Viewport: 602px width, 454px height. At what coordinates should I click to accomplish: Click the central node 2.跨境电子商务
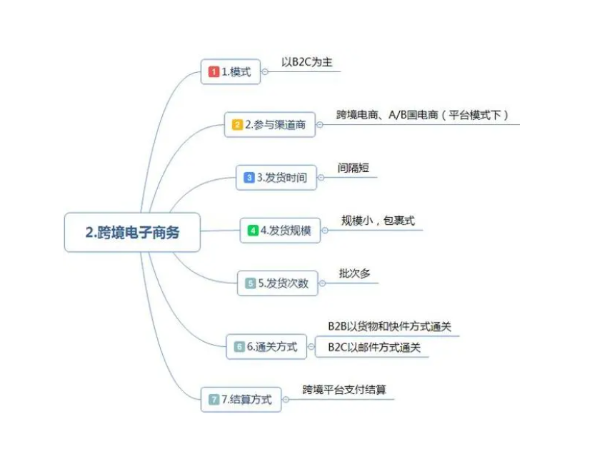[132, 232]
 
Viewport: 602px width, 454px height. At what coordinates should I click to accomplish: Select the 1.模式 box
[231, 72]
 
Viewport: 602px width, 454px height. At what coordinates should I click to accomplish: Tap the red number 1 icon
[214, 72]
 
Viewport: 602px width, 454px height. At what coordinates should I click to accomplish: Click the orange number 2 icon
[237, 125]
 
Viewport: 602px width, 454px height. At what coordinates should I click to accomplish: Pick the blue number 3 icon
[249, 178]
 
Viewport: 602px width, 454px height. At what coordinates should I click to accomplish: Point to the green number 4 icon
[253, 231]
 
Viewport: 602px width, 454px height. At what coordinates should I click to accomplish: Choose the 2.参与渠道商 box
[270, 125]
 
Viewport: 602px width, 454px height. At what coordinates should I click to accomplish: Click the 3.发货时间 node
[276, 178]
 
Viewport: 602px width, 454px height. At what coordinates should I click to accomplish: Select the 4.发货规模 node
[280, 231]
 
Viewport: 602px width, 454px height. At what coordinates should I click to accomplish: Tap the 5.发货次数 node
[278, 283]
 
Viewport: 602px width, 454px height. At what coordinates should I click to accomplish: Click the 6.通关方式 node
[266, 347]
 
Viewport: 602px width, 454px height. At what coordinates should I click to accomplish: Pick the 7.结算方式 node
[241, 400]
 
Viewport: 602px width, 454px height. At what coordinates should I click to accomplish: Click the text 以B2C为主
[307, 62]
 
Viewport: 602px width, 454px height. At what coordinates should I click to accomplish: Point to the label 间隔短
[353, 168]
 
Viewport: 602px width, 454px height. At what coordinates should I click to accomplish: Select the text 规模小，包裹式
[378, 221]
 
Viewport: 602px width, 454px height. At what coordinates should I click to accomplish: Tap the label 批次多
[354, 273]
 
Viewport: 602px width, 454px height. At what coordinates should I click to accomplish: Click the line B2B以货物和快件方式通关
[389, 327]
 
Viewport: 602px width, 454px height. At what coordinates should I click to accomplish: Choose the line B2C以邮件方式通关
[374, 348]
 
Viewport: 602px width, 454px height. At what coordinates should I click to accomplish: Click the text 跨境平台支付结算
[344, 390]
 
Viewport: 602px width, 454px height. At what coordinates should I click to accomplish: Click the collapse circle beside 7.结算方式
[286, 400]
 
